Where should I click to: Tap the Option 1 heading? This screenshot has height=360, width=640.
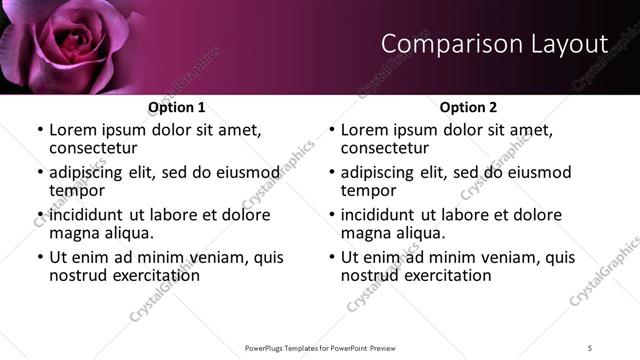pos(176,107)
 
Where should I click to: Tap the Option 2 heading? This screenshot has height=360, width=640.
pos(468,107)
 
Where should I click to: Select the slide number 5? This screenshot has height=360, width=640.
pos(590,347)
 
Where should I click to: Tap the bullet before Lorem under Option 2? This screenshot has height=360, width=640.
pos(332,131)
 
